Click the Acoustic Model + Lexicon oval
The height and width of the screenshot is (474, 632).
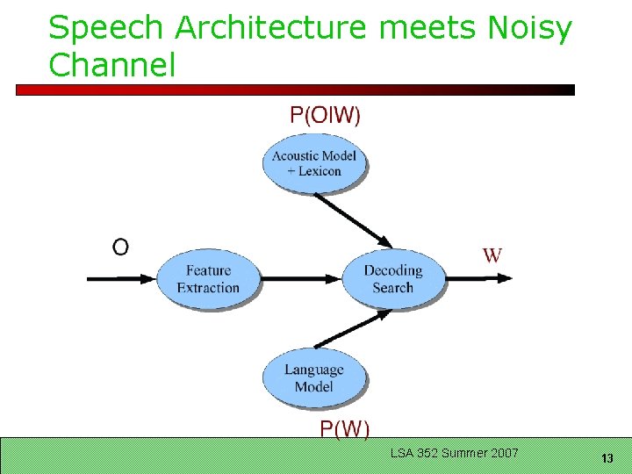pyautogui.click(x=314, y=163)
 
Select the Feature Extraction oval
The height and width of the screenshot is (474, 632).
pyautogui.click(x=208, y=278)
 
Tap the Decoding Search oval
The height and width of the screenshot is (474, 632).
pyautogui.click(x=392, y=278)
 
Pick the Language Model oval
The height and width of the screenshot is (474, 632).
pyautogui.click(x=313, y=377)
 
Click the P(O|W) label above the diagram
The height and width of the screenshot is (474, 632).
pyautogui.click(x=325, y=115)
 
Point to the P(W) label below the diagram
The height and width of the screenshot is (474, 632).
pyautogui.click(x=344, y=428)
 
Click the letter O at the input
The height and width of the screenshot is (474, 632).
pyautogui.click(x=120, y=247)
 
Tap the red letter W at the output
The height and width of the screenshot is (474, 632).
pyautogui.click(x=492, y=255)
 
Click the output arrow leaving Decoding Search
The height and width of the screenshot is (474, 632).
pyautogui.click(x=478, y=278)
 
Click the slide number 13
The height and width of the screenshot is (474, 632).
pyautogui.click(x=607, y=457)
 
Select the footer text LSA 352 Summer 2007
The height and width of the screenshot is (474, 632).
pyautogui.click(x=455, y=453)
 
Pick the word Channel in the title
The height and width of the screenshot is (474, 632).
pyautogui.click(x=112, y=64)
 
